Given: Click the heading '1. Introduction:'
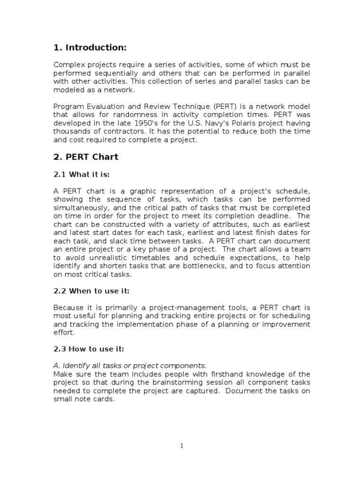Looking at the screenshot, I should click(90, 47).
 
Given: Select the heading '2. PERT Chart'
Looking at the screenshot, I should click(86, 157).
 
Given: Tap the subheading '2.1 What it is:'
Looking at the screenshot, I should click(82, 174).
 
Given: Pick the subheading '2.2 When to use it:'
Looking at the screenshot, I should click(91, 290).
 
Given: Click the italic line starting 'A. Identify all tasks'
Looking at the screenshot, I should click(130, 365).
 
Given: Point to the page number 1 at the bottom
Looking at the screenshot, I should click(182, 445).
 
